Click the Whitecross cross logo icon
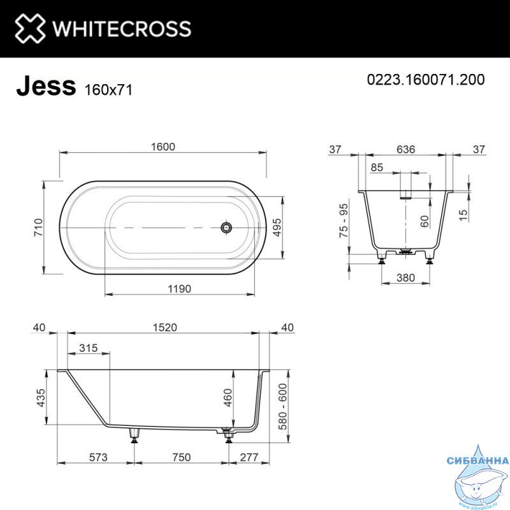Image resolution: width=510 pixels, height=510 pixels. (30, 28)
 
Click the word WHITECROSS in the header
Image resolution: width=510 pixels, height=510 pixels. (122, 29)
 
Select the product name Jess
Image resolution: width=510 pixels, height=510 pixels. (46, 85)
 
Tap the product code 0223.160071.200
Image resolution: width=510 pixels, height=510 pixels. (426, 79)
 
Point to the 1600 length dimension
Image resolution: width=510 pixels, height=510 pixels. (163, 147)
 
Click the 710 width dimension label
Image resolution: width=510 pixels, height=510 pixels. (38, 228)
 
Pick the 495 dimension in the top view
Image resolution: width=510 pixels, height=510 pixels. (277, 228)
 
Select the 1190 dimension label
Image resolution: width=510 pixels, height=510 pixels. (179, 289)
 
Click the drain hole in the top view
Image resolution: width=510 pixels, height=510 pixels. (226, 228)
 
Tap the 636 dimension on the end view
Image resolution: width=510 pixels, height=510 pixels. (405, 149)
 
